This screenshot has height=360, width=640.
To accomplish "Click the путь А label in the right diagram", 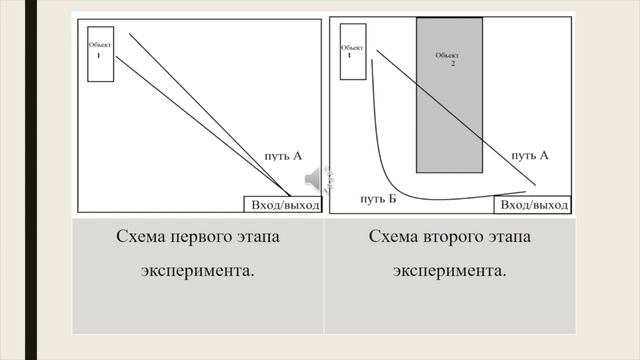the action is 530,156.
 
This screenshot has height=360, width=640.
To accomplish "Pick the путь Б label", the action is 378,200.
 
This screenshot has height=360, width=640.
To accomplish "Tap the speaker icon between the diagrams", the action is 312,177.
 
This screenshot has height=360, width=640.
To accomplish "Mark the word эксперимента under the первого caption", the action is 193,271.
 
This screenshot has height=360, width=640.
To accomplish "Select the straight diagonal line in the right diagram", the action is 460,119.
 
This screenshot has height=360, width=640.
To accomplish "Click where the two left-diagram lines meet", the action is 291,194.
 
